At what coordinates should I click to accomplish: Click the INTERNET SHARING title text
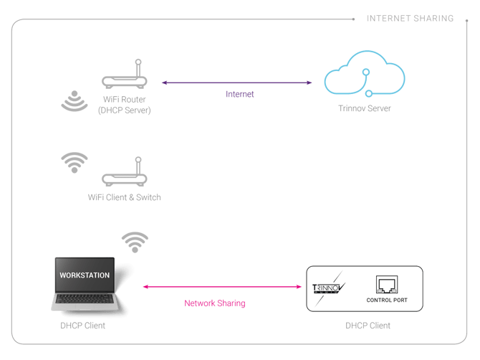click(410, 18)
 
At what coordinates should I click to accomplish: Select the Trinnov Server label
click(365, 109)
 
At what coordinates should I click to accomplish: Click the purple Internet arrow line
click(236, 82)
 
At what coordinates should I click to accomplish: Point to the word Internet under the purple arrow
click(241, 93)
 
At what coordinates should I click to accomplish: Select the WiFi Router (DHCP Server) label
click(124, 105)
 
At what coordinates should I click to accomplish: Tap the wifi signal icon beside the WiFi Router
click(75, 102)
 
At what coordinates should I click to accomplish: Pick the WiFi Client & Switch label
click(124, 196)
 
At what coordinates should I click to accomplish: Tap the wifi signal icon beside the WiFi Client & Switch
click(75, 163)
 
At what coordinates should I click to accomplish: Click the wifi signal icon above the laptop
click(135, 242)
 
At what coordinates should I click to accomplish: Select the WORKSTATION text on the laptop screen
click(85, 275)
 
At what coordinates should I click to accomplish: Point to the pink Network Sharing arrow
click(223, 287)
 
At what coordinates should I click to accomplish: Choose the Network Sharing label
click(215, 303)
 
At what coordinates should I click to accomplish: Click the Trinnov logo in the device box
click(328, 288)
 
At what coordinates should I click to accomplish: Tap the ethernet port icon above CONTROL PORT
click(386, 284)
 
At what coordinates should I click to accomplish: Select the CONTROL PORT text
click(386, 300)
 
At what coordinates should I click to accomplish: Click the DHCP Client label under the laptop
click(82, 326)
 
